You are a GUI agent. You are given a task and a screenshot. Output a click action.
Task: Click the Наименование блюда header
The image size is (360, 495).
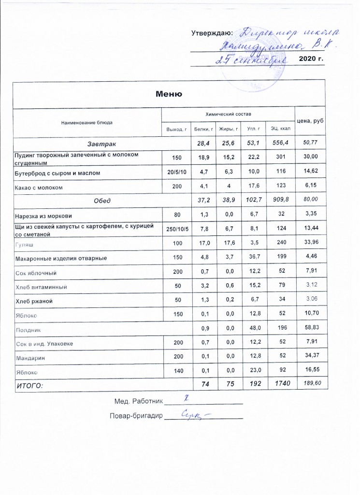coord(86,122)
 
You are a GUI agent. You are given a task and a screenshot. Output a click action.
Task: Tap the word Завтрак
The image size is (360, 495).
coord(101,144)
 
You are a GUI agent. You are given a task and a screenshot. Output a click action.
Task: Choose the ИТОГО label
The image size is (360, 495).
coord(29,385)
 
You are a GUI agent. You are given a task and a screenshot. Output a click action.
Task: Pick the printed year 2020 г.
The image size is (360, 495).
coord(311,59)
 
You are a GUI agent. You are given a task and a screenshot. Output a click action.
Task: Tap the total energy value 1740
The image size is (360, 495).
coord(280,385)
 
